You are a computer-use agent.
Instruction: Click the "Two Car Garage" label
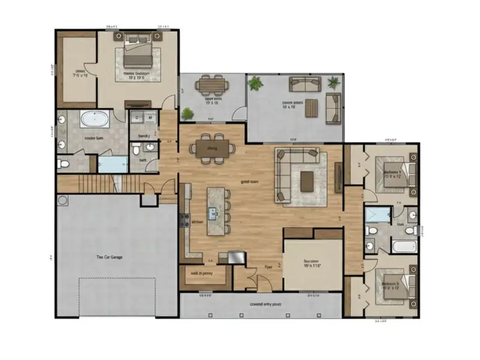pos(109,257)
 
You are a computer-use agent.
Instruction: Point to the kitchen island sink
pos(213,211)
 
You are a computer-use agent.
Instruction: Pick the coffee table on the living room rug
pos(307,179)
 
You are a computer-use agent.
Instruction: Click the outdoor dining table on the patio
pos(211,85)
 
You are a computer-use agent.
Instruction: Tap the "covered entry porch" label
pos(266,304)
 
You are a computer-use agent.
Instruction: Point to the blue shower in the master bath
pos(113,164)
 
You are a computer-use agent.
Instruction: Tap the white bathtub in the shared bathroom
pos(403,246)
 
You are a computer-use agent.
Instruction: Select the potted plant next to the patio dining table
pos(188,113)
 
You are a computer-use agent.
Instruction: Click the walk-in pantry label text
pos(202,274)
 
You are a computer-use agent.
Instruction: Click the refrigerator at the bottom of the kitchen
pos(231,257)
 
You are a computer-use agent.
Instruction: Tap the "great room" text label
pos(249,181)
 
